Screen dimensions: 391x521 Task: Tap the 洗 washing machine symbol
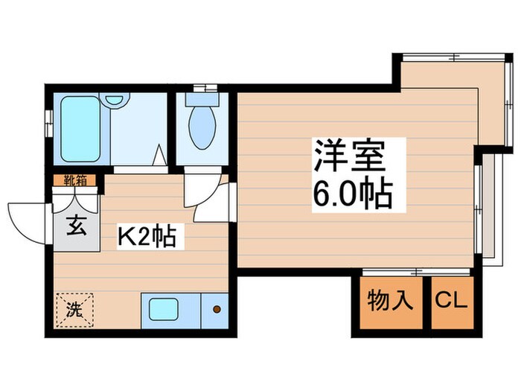pyautogui.click(x=76, y=307)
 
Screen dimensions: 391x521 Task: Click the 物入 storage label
pyautogui.click(x=389, y=301)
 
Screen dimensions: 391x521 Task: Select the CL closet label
pyautogui.click(x=452, y=301)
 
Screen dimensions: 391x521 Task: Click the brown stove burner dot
pyautogui.click(x=217, y=309)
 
